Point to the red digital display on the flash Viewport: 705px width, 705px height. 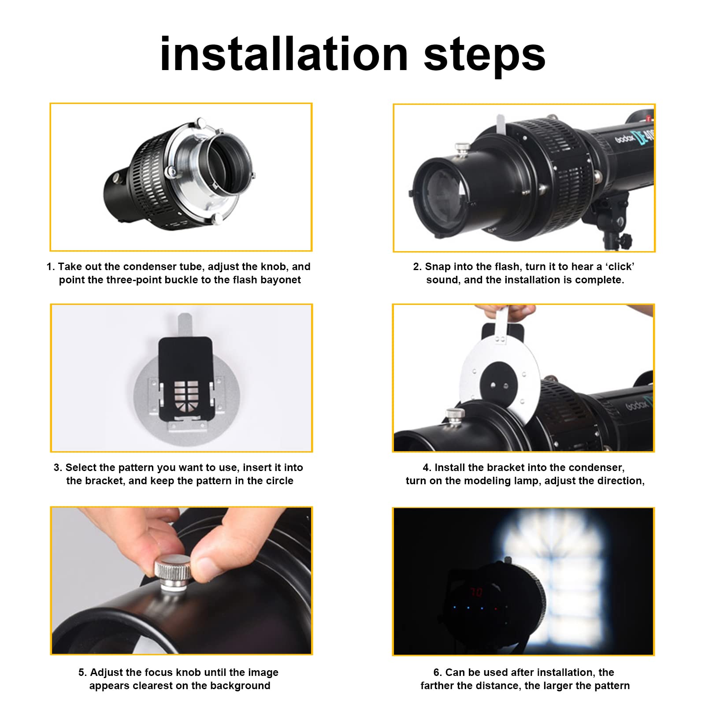pyautogui.click(x=476, y=592)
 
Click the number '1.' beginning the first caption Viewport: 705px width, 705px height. pyautogui.click(x=51, y=267)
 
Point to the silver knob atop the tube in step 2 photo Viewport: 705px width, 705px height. pyautogui.click(x=462, y=149)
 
